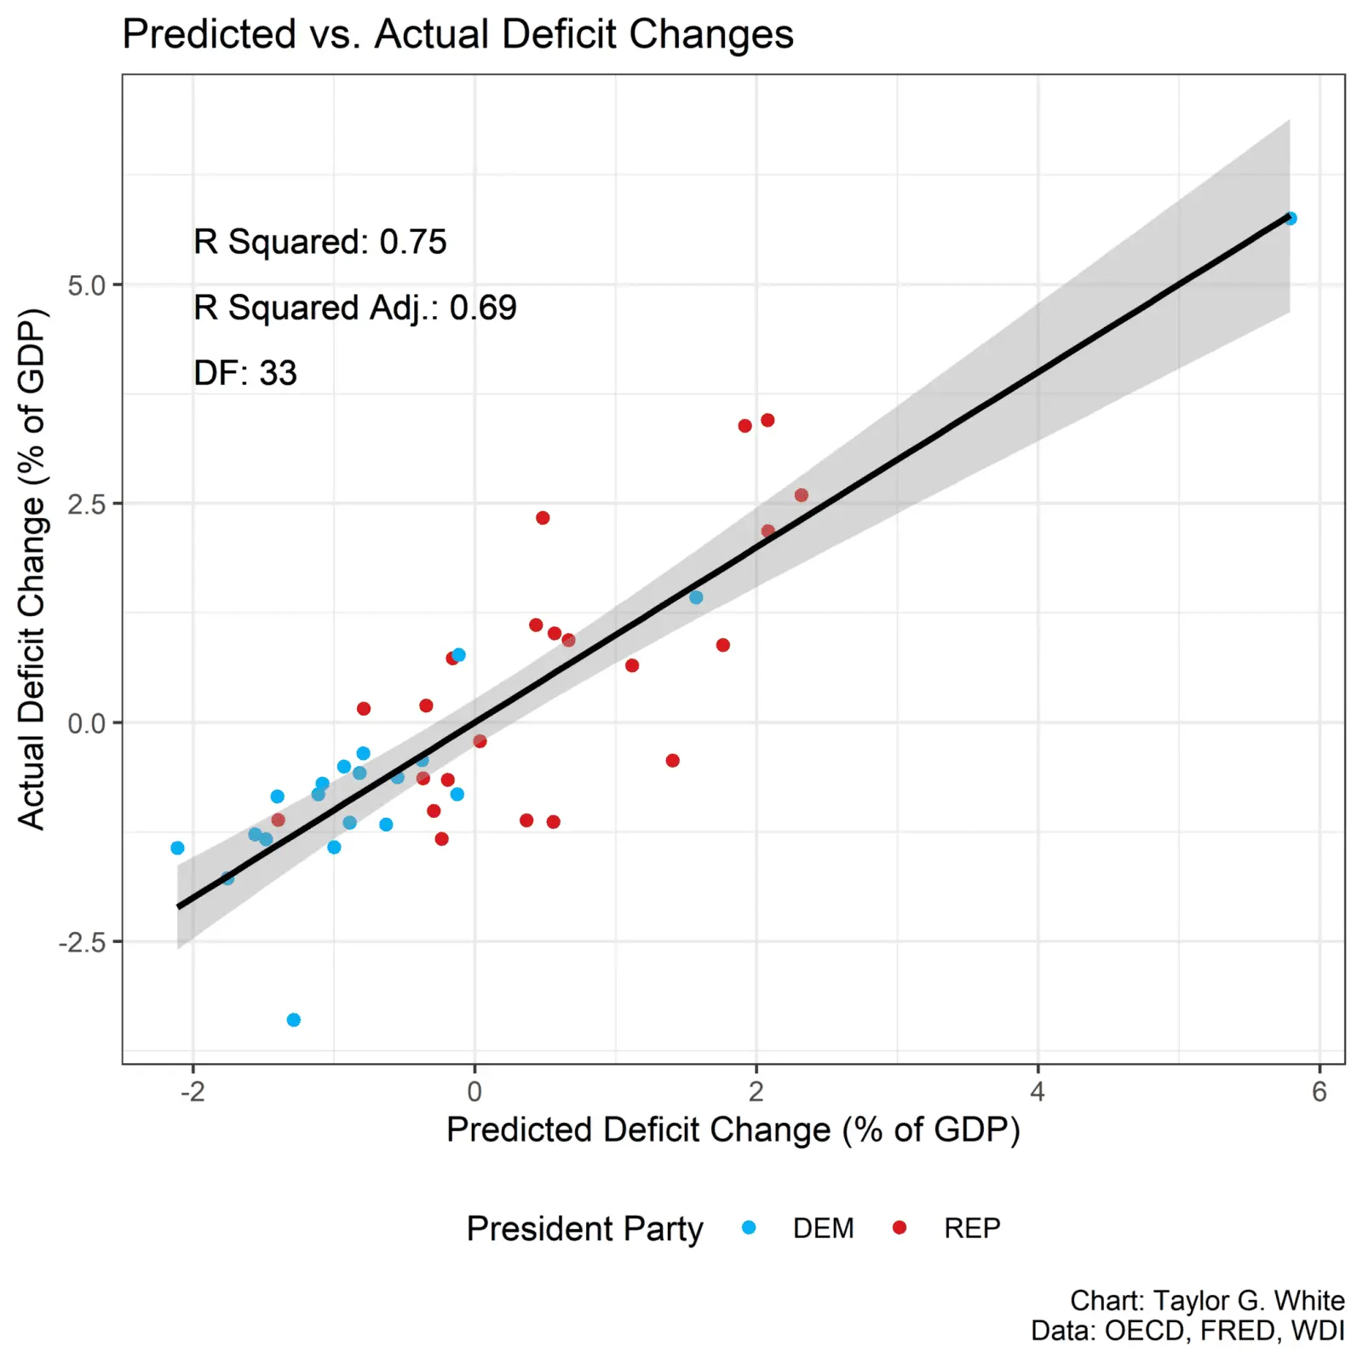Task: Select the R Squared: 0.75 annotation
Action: pos(319,242)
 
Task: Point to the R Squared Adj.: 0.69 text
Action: pos(354,308)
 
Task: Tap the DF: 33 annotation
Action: pos(245,373)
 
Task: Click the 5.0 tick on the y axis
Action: pos(86,285)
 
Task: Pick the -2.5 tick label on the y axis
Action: pos(82,943)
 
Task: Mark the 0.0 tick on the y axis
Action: pos(86,724)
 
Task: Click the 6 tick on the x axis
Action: pos(1320,1092)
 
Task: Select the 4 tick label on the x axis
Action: pos(1038,1092)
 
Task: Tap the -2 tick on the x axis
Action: pos(193,1092)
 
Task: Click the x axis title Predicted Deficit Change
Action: pos(733,1130)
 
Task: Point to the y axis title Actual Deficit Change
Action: pos(32,569)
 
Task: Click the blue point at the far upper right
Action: pos(1291,219)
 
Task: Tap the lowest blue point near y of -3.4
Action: pos(294,1020)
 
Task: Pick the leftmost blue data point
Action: pos(177,848)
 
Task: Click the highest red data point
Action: pos(768,420)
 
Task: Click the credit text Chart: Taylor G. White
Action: pos(1207,1301)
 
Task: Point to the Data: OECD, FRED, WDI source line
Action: pos(1188,1331)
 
